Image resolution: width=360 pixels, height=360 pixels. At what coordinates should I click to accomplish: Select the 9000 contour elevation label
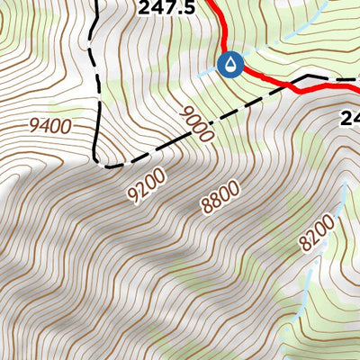tap(197, 125)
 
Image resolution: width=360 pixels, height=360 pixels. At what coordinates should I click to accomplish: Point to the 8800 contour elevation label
tap(220, 196)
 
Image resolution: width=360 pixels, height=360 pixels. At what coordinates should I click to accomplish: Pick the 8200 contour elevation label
tap(318, 232)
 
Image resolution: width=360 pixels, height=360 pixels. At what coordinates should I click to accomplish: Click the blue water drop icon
tap(231, 65)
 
